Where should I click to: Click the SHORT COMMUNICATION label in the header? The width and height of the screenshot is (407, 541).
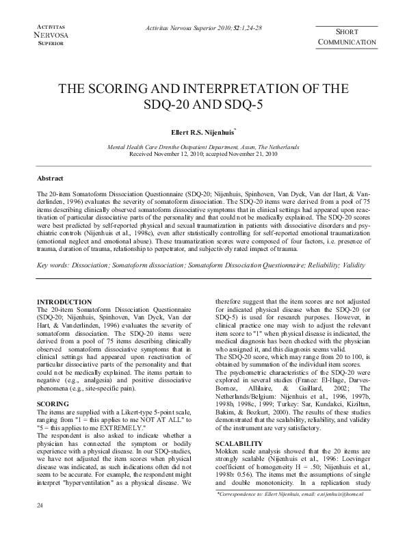347,37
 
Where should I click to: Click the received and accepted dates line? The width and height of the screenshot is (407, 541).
202,154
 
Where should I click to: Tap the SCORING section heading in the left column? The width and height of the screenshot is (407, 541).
53,404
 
